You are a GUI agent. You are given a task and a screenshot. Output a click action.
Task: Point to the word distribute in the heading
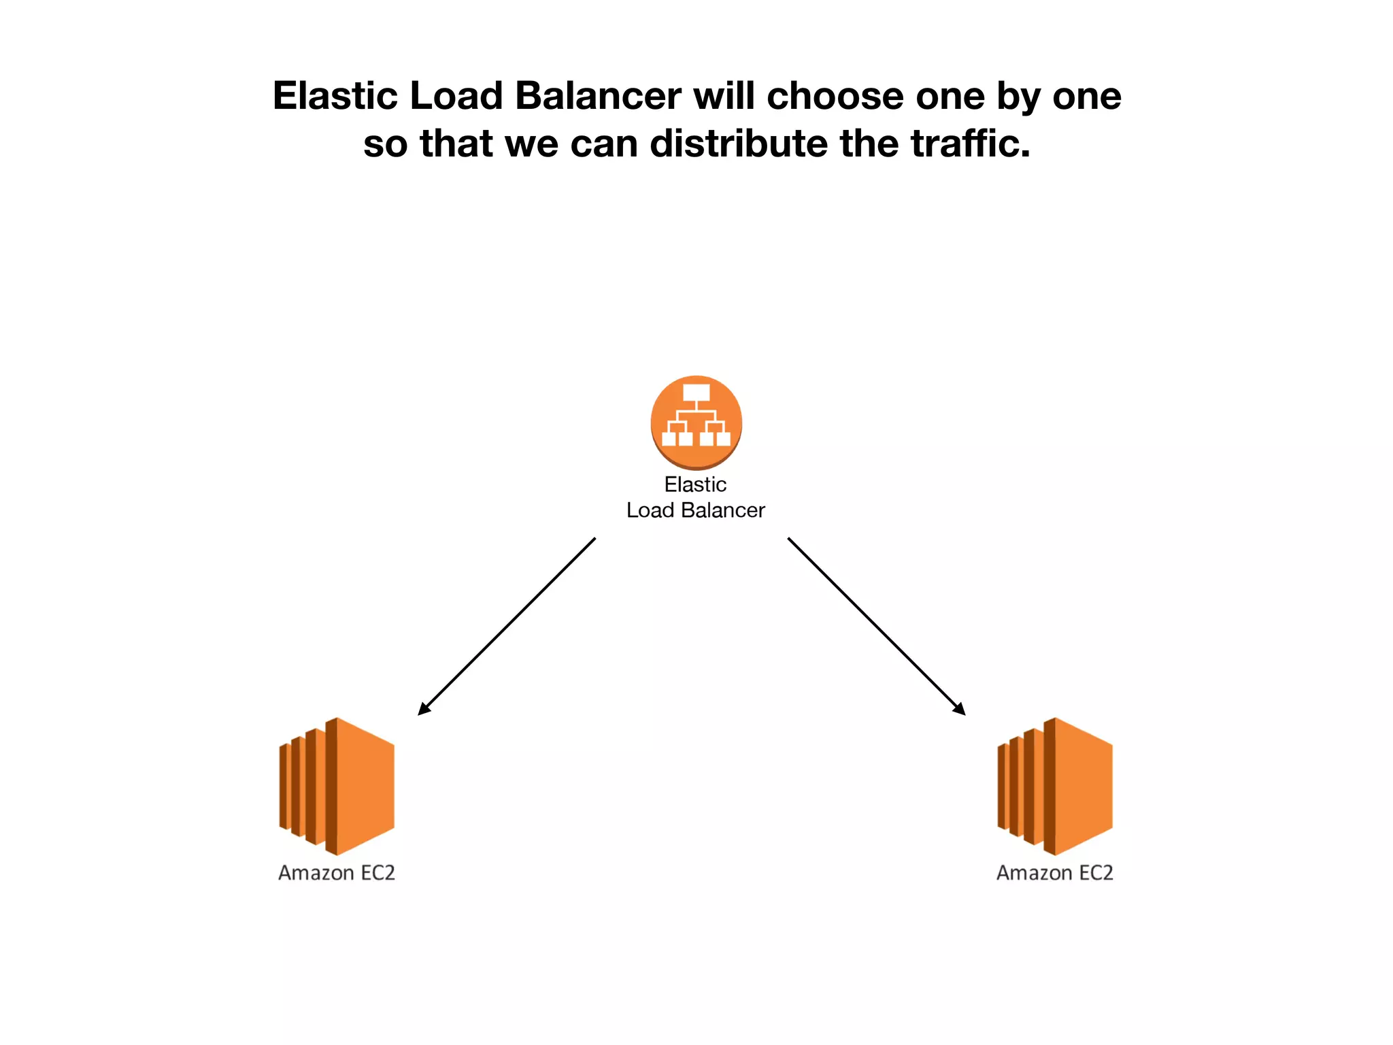(x=739, y=144)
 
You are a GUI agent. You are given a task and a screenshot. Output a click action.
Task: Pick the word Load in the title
(x=456, y=96)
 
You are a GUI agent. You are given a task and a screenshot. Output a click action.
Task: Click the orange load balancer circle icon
(x=696, y=422)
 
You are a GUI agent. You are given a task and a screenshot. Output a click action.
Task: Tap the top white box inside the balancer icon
(x=696, y=393)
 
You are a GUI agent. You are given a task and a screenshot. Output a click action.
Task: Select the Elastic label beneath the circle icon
(x=695, y=484)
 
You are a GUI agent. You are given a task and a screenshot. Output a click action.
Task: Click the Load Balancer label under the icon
(x=695, y=510)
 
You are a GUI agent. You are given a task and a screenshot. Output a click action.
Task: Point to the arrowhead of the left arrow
(x=423, y=710)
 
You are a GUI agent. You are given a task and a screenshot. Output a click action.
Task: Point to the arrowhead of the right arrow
(x=960, y=710)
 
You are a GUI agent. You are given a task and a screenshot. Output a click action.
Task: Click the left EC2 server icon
(x=337, y=786)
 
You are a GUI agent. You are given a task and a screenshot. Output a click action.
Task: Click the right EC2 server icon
(x=1055, y=786)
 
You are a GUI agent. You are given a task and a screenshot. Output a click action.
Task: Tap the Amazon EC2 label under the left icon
(x=337, y=873)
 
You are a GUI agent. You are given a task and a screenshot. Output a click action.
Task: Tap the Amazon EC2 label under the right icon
(x=1055, y=873)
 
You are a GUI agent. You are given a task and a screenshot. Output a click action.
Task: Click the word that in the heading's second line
(x=455, y=144)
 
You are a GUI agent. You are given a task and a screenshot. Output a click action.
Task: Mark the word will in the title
(x=724, y=96)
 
